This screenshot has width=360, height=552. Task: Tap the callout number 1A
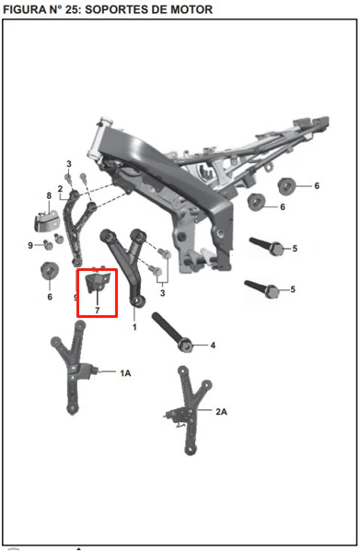(125, 373)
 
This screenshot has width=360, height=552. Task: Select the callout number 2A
(221, 411)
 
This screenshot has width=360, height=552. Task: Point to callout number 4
(213, 346)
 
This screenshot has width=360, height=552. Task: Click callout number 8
(49, 195)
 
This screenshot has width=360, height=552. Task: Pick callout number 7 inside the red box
(98, 311)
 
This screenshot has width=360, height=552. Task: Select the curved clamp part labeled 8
(46, 221)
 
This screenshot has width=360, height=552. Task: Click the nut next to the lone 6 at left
(50, 271)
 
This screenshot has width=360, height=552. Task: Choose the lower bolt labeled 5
(262, 288)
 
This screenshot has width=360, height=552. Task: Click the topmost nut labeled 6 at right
(287, 186)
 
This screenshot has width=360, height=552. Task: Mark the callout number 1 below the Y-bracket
(134, 327)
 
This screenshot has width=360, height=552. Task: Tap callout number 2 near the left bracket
(60, 189)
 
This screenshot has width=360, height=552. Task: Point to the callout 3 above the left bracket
(69, 164)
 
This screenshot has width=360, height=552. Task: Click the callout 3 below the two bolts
(162, 293)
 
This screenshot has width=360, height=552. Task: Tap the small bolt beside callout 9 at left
(48, 244)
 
